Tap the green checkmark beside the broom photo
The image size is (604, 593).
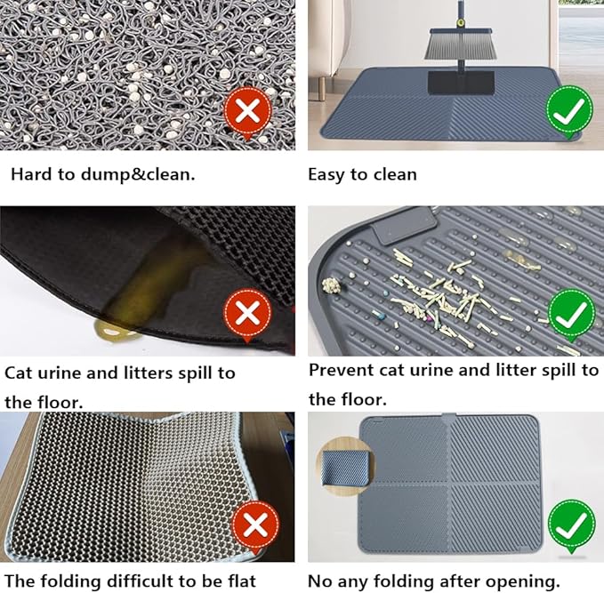coord(570,110)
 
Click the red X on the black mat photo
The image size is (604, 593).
coord(249,314)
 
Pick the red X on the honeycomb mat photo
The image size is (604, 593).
coord(254,525)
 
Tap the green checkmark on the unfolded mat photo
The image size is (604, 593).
coord(570,525)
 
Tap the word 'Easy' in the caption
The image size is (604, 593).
coord(327,175)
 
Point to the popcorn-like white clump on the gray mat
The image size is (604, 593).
coord(331,286)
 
